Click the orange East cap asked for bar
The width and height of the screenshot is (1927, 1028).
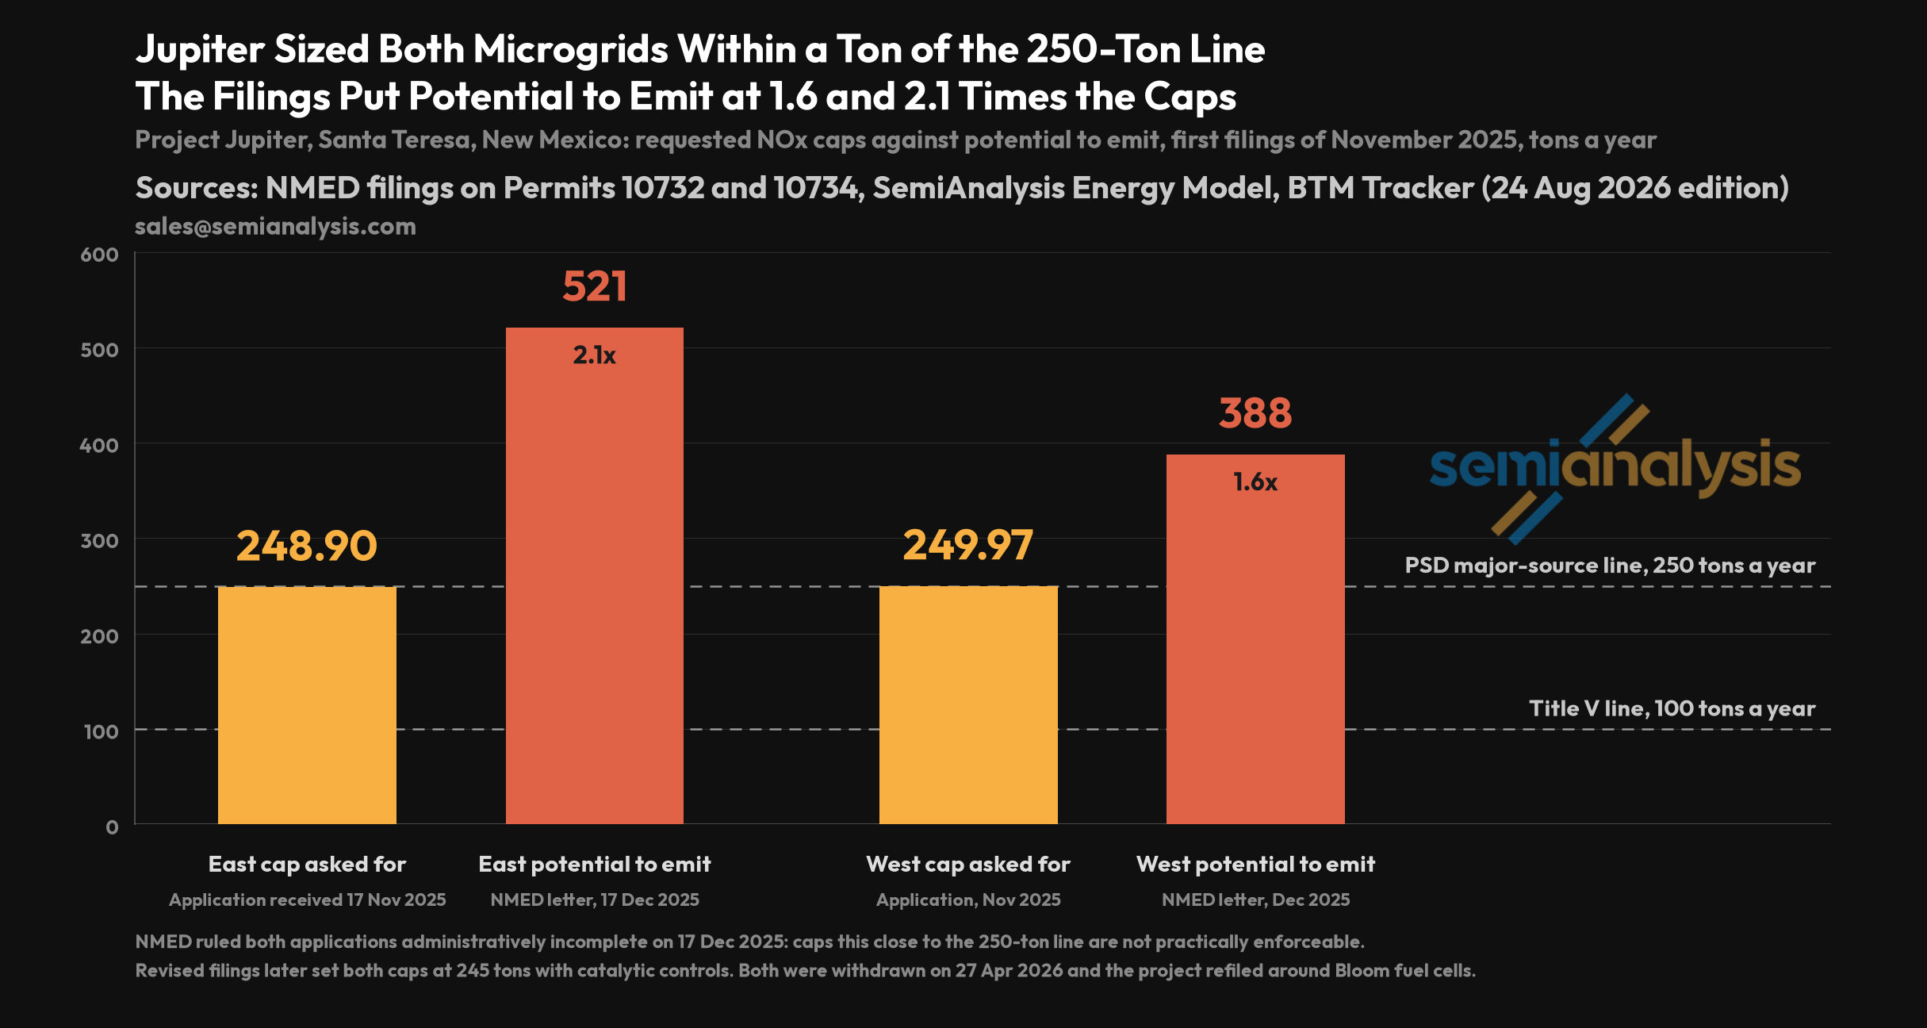coord(307,705)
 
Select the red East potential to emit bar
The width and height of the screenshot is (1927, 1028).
coord(595,576)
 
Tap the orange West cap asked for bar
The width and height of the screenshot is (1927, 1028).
coord(968,705)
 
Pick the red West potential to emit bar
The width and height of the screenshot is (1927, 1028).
coord(1255,639)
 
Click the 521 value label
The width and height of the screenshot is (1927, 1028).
coord(595,286)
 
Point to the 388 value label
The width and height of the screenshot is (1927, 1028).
coord(1255,413)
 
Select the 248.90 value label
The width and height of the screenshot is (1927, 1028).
coord(307,546)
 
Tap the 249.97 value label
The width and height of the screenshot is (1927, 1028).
coord(968,546)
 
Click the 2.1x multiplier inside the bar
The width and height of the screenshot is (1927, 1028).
coord(595,355)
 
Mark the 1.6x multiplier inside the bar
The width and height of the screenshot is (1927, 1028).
coord(1255,482)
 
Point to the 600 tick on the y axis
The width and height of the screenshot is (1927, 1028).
coord(99,255)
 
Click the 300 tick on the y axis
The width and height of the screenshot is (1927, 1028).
coord(99,540)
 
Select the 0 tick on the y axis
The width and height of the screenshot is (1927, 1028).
coord(112,827)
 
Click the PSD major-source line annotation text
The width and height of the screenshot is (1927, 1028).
coord(1610,566)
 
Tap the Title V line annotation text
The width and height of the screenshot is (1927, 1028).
coord(1672,708)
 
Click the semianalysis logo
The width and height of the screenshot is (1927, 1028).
coord(1615,469)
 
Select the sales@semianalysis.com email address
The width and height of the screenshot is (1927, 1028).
coord(275,226)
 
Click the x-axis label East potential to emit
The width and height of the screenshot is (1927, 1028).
coord(595,864)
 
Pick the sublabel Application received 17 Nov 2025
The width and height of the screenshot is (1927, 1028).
coord(307,899)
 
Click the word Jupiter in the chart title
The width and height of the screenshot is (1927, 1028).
coord(200,50)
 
